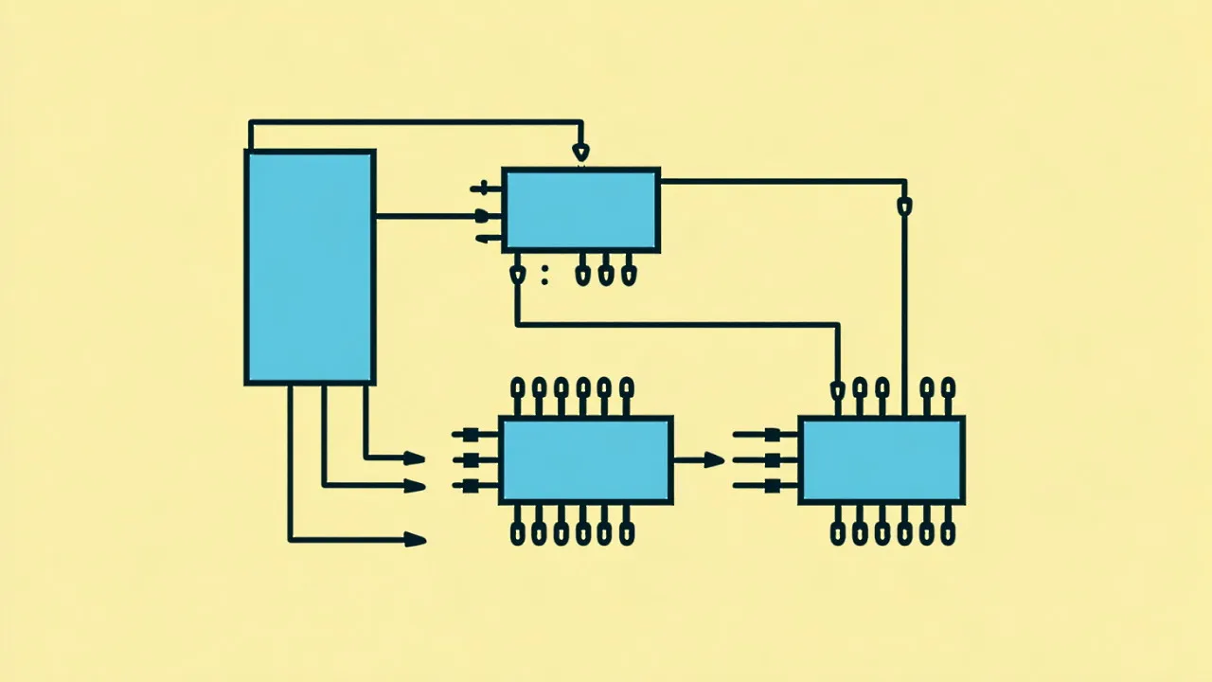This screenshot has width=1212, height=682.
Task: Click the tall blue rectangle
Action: click(310, 267)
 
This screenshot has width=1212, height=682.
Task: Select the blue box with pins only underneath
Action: click(580, 210)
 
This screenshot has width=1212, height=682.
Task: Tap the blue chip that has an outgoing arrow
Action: click(585, 460)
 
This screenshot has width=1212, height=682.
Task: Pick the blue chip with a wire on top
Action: click(882, 460)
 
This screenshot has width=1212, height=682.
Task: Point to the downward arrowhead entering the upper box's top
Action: click(580, 152)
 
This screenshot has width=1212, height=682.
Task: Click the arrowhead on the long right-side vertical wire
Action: click(904, 206)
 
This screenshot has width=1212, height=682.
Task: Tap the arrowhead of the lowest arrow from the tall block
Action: click(415, 540)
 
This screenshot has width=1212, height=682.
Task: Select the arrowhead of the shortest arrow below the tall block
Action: click(414, 458)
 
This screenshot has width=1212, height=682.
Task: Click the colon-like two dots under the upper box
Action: click(544, 275)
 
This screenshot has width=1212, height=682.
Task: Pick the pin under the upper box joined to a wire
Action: click(517, 275)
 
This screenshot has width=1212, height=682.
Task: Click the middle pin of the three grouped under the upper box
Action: click(607, 275)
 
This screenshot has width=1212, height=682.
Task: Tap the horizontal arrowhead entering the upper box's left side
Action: click(482, 216)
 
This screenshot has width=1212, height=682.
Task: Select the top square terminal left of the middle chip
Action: click(470, 435)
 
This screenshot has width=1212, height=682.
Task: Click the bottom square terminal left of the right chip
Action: click(772, 486)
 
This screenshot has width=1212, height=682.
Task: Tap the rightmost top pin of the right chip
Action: click(949, 387)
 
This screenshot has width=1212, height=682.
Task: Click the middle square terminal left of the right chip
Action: click(772, 460)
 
